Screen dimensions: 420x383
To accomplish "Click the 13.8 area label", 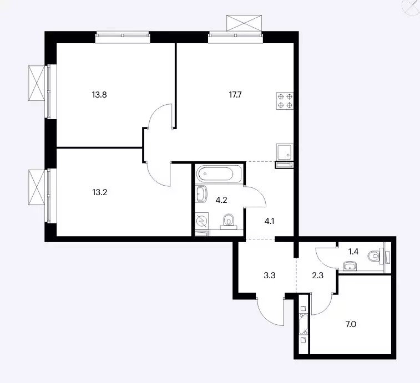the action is coord(99,95).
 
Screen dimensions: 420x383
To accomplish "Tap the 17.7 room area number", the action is coord(235,95).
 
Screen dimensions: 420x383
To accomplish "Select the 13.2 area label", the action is coord(100,192).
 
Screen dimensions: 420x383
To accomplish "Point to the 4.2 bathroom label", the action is coord(221,200).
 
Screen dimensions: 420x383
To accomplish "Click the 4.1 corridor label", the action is coord(269,221).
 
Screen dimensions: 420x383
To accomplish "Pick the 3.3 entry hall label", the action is coord(270,275).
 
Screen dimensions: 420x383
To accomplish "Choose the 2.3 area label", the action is coord(318,275).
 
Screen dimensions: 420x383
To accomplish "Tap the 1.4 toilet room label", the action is coord(353,252).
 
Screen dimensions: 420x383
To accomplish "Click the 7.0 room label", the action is coord(351,324).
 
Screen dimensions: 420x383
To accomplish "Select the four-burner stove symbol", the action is coord(285,101).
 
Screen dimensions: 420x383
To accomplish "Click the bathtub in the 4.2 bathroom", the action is coord(219,174).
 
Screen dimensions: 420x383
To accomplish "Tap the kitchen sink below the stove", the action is coord(285,152).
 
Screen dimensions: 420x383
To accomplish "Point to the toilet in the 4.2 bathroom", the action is coord(229,222).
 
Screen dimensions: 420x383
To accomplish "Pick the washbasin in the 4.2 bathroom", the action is coord(201,194).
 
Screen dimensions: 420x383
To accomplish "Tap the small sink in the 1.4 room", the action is coord(350,266).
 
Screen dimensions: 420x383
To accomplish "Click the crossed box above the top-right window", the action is coord(244,23).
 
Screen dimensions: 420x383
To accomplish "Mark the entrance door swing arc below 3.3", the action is coord(268,313).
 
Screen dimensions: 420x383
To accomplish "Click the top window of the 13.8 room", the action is coord(123,37).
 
